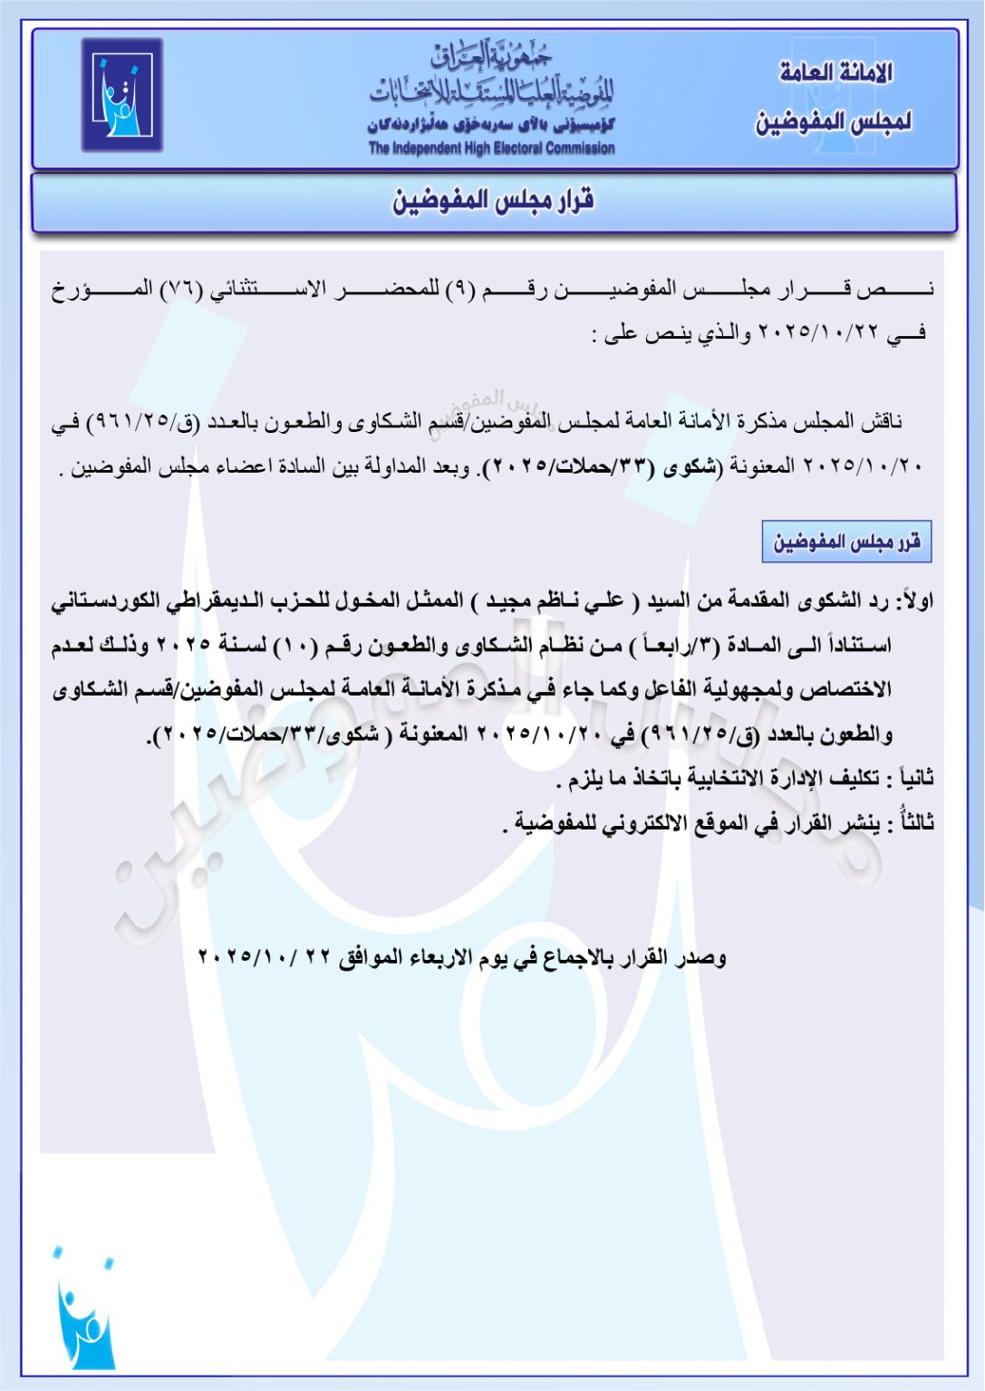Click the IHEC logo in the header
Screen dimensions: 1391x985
click(x=122, y=95)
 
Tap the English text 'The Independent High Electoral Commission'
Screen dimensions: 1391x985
click(x=491, y=149)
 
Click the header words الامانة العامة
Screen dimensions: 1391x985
click(x=835, y=72)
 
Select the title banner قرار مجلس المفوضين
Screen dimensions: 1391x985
click(x=493, y=200)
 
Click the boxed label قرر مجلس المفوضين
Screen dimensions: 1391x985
click(x=846, y=542)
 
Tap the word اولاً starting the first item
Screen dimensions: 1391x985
click(x=914, y=600)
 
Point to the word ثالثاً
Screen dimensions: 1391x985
click(x=912, y=822)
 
